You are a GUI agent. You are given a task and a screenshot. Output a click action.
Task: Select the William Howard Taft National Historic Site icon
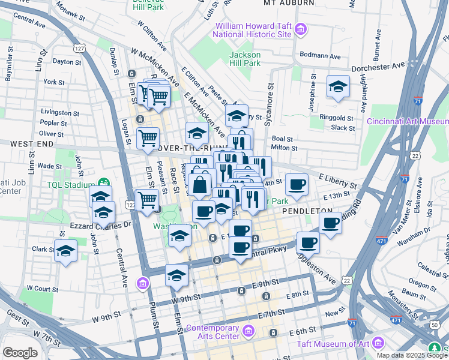[x=301, y=29]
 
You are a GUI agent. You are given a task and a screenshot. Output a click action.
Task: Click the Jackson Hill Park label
[x=244, y=58]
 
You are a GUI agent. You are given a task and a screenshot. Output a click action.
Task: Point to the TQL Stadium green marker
[x=103, y=182]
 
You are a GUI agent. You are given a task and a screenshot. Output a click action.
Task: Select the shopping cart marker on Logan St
[x=148, y=138]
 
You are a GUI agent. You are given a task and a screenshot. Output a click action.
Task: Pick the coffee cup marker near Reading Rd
[x=330, y=223]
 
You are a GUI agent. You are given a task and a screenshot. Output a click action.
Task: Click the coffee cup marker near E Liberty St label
[x=296, y=184]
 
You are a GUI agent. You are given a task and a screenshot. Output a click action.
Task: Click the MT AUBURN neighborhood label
[x=289, y=3]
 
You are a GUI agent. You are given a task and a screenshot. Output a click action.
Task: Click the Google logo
[x=20, y=353]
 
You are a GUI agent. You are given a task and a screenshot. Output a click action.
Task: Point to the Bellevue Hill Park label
[x=148, y=6]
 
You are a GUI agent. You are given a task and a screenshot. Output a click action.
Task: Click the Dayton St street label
[x=66, y=61]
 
